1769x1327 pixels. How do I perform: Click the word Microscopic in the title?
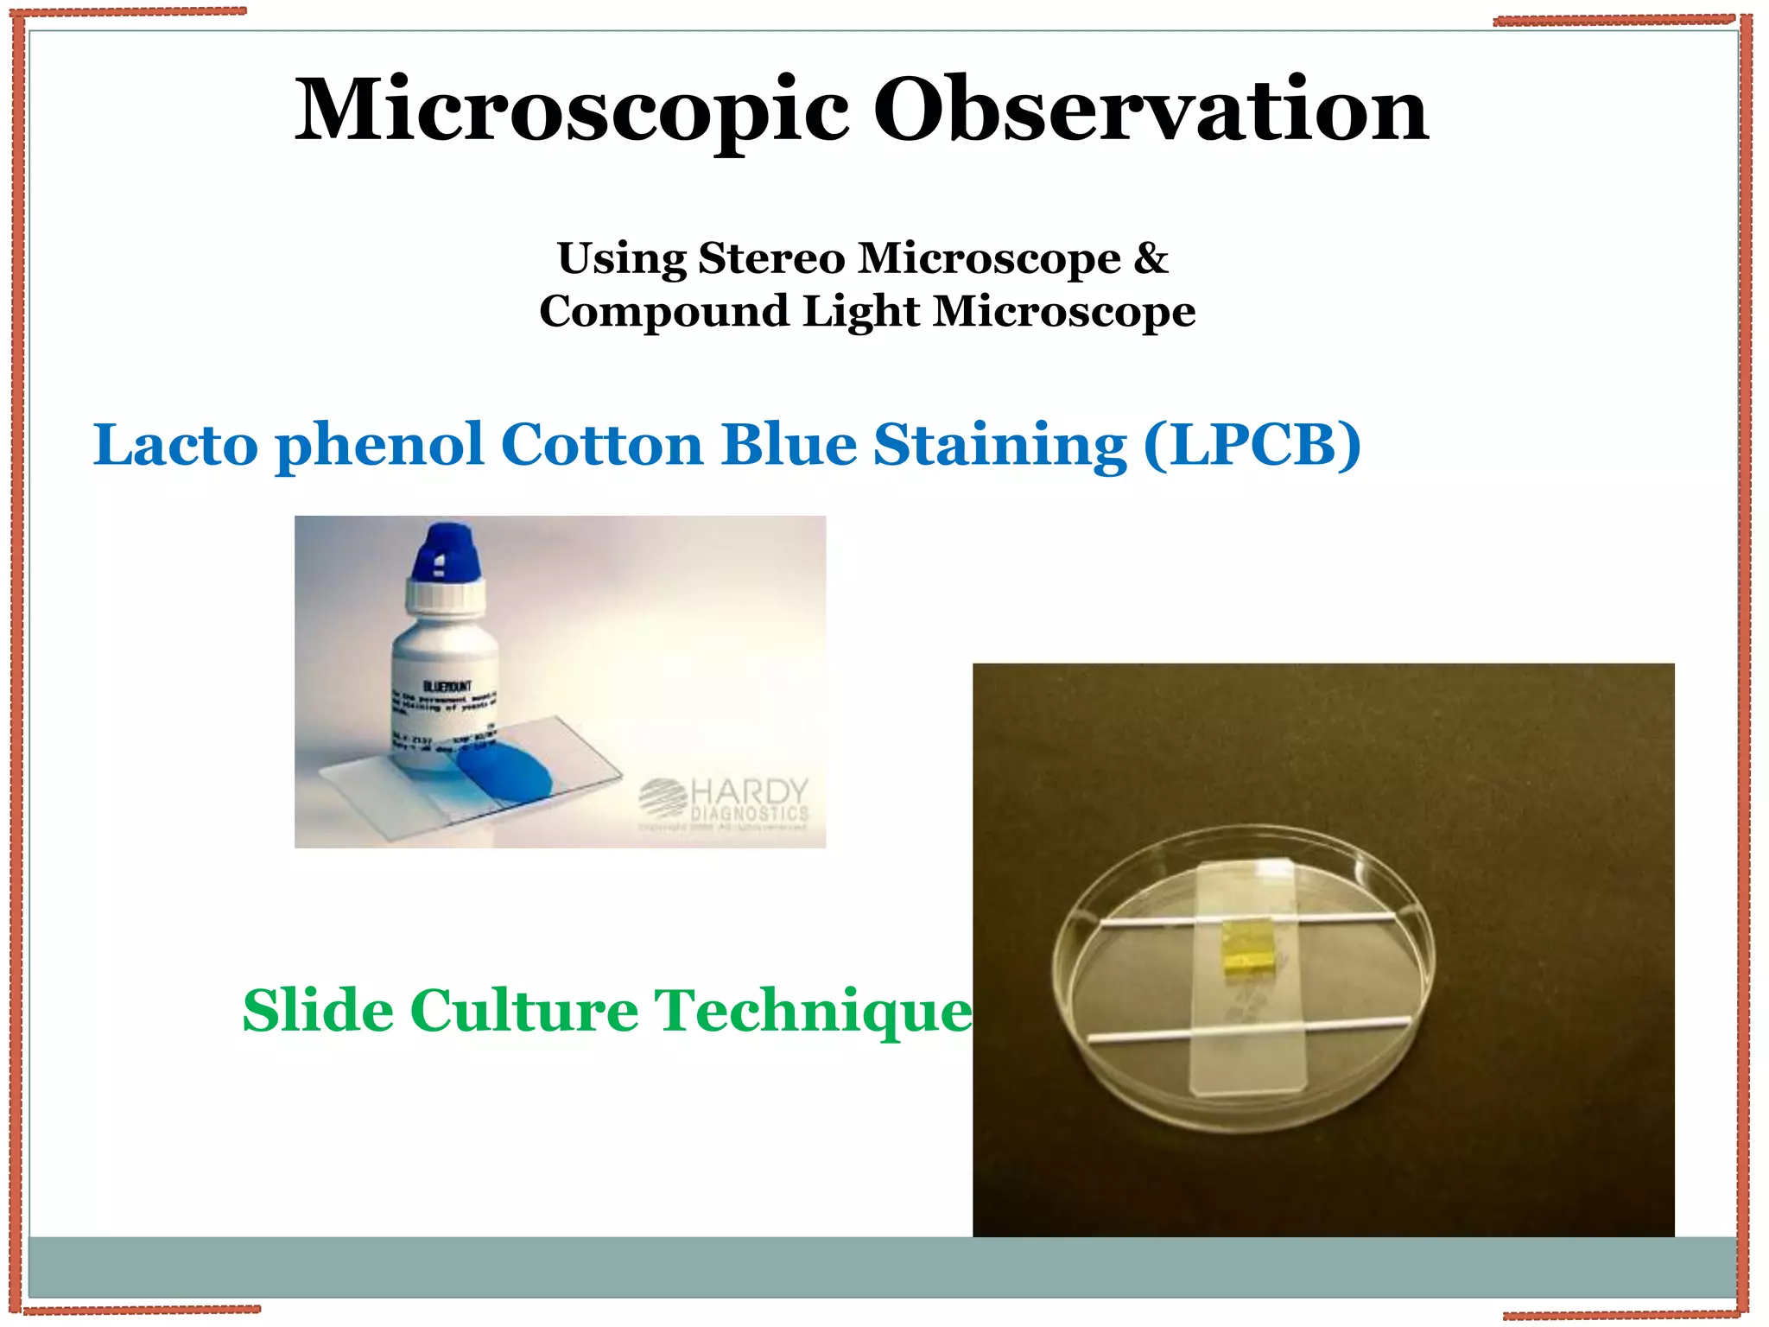[x=571, y=112]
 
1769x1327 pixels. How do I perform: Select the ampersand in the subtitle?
[x=1151, y=258]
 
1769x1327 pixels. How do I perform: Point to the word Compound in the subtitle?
[x=663, y=312]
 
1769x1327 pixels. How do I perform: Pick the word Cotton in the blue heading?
[x=602, y=445]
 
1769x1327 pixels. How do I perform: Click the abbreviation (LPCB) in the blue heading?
[x=1252, y=447]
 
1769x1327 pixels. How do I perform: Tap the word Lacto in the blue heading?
[x=175, y=445]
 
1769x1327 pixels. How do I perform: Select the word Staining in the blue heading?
[x=1000, y=447]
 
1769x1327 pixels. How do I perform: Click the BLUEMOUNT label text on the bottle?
[x=447, y=686]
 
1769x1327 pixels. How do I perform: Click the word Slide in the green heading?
[x=318, y=1011]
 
